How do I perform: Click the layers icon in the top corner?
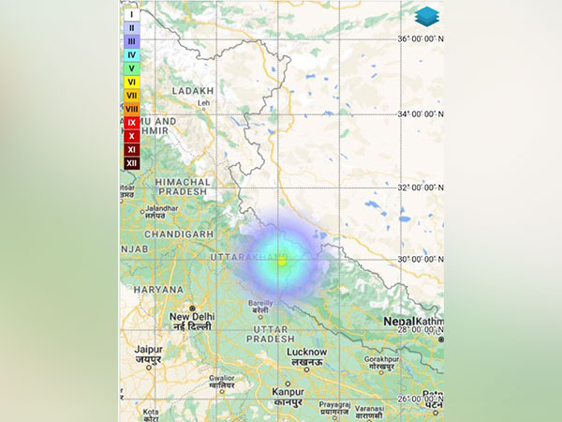point(426,16)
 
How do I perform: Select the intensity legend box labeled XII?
point(131,162)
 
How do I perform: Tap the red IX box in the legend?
point(131,122)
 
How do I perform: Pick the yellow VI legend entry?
point(131,82)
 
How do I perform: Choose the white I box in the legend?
point(131,15)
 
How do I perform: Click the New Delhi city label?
point(192,317)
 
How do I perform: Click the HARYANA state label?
point(158,290)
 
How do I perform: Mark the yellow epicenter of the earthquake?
point(281,261)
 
